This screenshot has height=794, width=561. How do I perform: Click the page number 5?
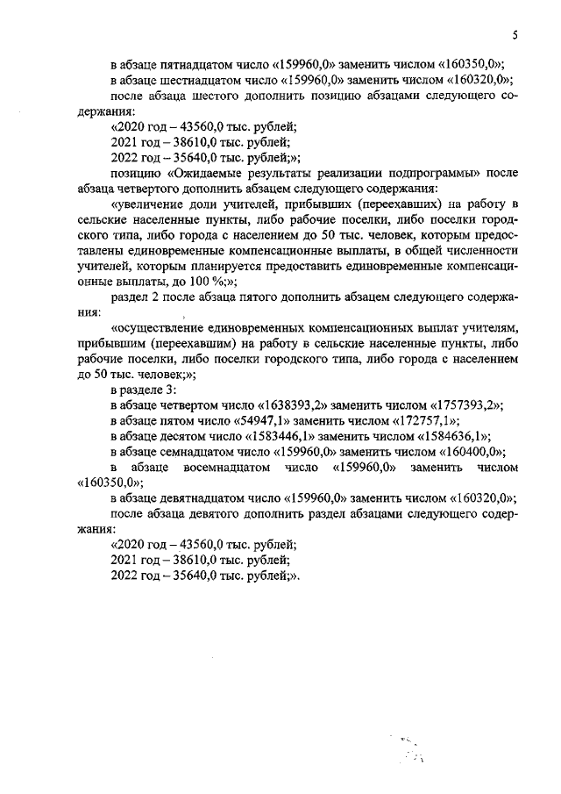[515, 35]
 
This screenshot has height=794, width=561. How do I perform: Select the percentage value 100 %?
[206, 281]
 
